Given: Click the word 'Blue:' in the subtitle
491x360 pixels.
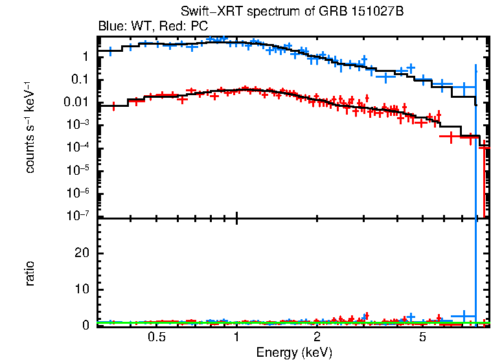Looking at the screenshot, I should click(x=111, y=27).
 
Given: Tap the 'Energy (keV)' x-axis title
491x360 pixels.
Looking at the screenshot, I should click(x=294, y=352).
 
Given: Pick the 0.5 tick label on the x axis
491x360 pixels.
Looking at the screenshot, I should click(x=156, y=337).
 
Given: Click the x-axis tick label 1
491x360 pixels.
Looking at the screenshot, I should click(x=236, y=337).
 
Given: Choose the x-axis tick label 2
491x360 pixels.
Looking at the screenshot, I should click(x=317, y=337).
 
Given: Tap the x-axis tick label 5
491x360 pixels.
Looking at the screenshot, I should click(x=422, y=337).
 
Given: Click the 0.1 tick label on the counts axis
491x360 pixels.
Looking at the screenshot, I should click(x=80, y=80).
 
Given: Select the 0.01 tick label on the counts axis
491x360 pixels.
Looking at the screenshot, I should click(x=77, y=102).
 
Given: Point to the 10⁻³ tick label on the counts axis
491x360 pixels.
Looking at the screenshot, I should click(x=78, y=125).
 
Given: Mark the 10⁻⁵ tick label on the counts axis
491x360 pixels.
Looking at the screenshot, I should click(x=78, y=170).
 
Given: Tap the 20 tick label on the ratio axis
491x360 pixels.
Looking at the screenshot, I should click(x=80, y=253).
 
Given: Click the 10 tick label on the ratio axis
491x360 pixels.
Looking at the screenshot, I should click(x=80, y=289).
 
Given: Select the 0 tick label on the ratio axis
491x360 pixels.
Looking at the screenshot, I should click(x=84, y=325).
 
